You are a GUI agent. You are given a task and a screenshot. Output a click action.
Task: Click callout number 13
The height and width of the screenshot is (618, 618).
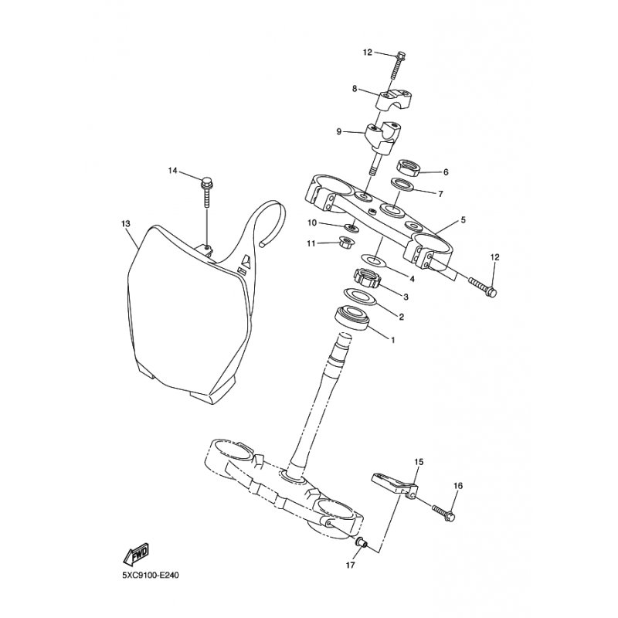[125, 224]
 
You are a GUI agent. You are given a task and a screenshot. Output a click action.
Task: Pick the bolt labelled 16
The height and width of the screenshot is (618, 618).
[444, 509]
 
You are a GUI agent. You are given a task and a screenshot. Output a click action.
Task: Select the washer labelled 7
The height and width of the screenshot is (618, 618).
[401, 185]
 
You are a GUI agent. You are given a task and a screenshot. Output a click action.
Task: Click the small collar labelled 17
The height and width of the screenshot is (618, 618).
[358, 544]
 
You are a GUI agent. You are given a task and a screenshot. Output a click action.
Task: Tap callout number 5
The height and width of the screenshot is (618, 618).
[463, 220]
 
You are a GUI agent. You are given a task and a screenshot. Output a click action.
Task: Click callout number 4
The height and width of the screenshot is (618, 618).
[412, 279]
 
